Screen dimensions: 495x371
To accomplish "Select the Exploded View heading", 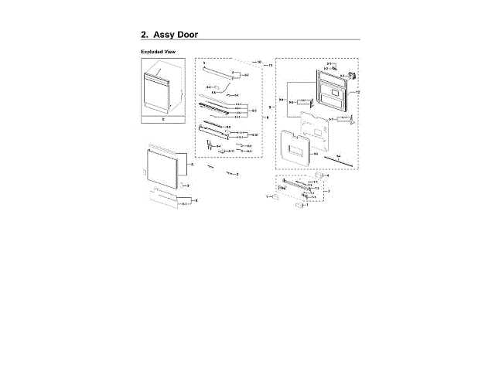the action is (157, 51).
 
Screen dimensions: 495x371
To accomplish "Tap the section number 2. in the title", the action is (145, 35).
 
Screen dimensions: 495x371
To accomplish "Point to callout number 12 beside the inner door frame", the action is (357, 92).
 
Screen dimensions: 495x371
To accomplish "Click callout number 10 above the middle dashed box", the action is (260, 61).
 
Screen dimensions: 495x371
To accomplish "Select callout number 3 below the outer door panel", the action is (187, 186).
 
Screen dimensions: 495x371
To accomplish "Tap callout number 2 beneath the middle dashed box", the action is (237, 175).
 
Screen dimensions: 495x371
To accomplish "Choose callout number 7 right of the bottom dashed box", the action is (329, 190).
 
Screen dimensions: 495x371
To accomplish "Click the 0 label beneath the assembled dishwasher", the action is (163, 120).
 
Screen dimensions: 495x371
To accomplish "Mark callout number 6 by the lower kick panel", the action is (196, 200).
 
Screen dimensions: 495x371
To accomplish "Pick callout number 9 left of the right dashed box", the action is (269, 107).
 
